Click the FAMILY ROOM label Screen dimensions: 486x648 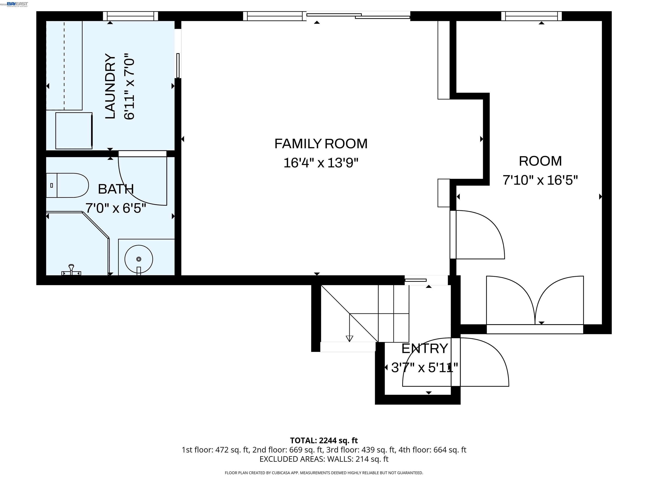pos(321,144)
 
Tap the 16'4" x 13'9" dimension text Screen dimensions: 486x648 pos(321,163)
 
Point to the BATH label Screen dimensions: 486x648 pos(116,189)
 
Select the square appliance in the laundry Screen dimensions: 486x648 pos(74,131)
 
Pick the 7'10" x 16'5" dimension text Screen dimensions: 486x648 pos(540,180)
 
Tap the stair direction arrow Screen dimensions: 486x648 pos(349,338)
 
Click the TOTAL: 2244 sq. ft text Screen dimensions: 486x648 pos(324,440)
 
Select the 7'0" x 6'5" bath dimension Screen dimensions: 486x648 pos(116,208)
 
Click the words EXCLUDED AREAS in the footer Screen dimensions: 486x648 pos(292,459)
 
